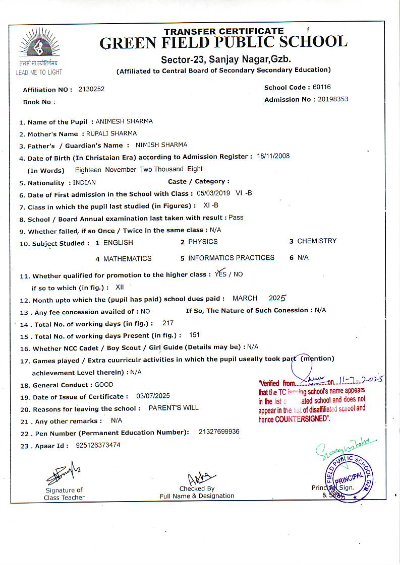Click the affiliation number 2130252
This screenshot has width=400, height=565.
[91, 89]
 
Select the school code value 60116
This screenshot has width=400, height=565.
[322, 87]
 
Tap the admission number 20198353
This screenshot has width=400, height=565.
[333, 99]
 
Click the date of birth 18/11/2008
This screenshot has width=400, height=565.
[273, 156]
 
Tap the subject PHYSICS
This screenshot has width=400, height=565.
[203, 242]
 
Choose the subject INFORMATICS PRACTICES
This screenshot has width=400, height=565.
[231, 258]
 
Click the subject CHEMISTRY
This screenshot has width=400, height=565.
[317, 241]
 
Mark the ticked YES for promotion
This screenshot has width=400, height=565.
[221, 274]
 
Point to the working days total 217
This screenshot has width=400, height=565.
[168, 323]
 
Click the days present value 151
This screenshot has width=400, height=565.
[194, 335]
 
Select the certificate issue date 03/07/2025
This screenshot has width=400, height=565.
[153, 396]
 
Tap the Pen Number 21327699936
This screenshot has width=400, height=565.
[219, 432]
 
